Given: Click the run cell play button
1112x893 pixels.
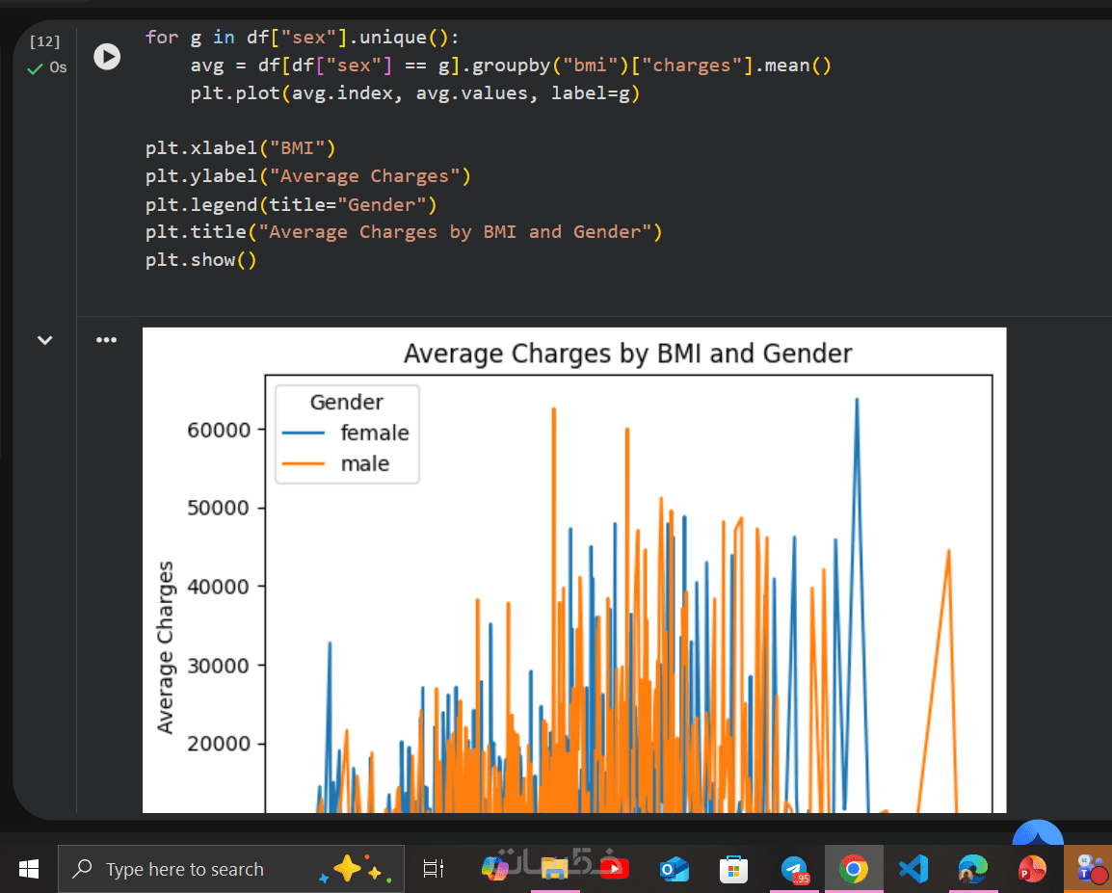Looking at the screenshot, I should (107, 57).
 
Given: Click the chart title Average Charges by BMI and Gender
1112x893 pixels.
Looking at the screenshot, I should (627, 354).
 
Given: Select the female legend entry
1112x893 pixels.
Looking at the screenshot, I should (374, 433).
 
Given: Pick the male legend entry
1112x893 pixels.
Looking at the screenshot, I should (364, 463).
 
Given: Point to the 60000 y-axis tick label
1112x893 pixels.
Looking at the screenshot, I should (219, 430).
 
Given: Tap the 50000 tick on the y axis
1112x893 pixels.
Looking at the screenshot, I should (219, 508).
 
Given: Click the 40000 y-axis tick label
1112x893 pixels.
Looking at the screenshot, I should (219, 587).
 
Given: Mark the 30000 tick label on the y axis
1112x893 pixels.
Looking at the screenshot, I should (219, 666).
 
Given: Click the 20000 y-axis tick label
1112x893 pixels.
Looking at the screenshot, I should (219, 744).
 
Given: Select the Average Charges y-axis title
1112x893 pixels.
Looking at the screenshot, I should (166, 646).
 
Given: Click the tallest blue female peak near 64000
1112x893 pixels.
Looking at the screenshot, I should (857, 400).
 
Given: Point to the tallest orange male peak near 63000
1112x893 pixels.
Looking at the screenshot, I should (554, 409).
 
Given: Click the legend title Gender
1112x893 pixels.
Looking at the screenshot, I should (346, 402).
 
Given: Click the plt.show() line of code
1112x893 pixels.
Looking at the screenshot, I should (200, 259).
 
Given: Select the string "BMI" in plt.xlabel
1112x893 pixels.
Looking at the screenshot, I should (302, 148).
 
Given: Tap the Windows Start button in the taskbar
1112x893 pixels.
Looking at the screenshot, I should (28, 869).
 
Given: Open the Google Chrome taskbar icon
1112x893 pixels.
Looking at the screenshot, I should (853, 870).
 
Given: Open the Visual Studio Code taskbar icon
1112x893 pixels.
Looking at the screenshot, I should (913, 870).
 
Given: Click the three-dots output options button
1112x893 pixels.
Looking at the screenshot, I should (105, 340).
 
